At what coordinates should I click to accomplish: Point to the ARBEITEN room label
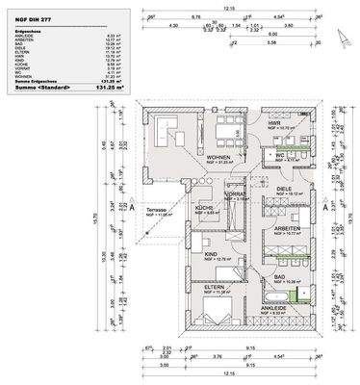coord(286,228)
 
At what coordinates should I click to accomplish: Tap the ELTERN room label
coord(214,286)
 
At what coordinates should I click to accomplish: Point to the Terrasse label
coord(157,209)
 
